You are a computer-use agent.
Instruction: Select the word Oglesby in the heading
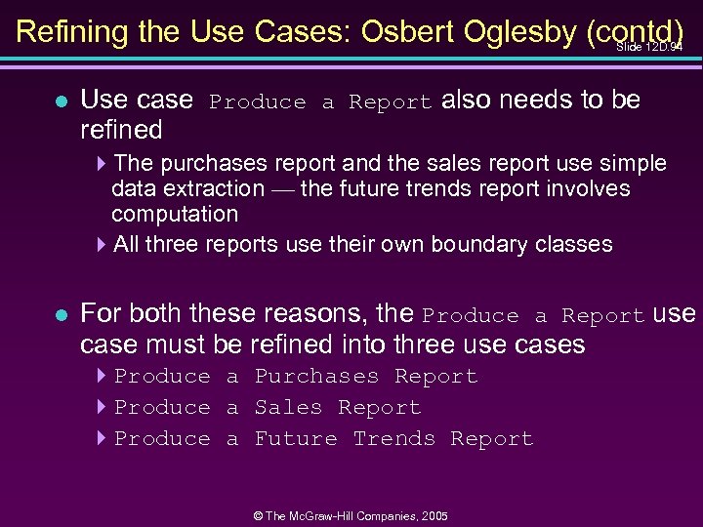(x=517, y=31)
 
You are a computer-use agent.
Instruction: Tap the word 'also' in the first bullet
(x=466, y=101)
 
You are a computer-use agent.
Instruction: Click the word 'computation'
(x=175, y=214)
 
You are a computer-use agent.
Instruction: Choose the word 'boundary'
(x=464, y=244)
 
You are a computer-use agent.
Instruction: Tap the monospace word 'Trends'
(x=393, y=439)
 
